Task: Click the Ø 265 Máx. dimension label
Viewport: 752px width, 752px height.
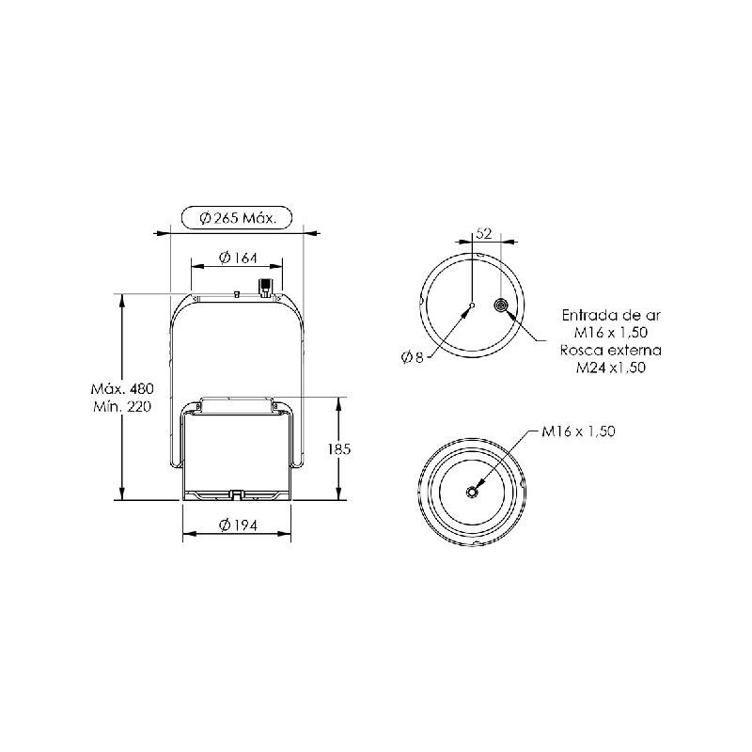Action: pyautogui.click(x=238, y=219)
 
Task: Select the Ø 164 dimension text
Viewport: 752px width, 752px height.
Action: pyautogui.click(x=238, y=258)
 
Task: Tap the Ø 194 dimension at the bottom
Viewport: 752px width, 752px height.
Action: pyautogui.click(x=238, y=525)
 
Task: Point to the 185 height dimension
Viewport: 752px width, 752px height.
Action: pyautogui.click(x=339, y=449)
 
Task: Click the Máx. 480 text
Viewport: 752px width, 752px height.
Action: pyautogui.click(x=122, y=388)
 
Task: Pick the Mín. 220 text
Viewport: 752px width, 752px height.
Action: pyautogui.click(x=122, y=407)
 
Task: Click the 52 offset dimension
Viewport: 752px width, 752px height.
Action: pyautogui.click(x=484, y=233)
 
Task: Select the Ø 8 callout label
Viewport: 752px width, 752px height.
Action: pyautogui.click(x=413, y=357)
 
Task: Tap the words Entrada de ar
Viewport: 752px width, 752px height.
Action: pyautogui.click(x=611, y=316)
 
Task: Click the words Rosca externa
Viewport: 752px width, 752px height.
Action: pyautogui.click(x=610, y=350)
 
